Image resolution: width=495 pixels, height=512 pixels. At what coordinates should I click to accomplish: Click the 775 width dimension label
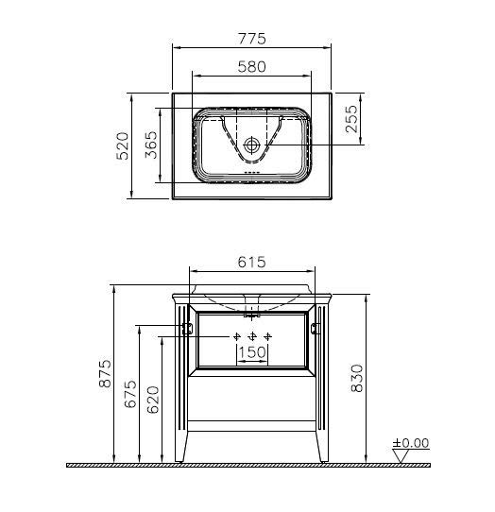[x=251, y=39]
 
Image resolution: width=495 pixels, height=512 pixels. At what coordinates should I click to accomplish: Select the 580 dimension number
[x=251, y=67]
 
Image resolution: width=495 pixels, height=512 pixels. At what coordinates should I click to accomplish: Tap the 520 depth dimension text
[x=123, y=145]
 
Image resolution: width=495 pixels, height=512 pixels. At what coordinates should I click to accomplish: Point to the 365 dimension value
[x=151, y=145]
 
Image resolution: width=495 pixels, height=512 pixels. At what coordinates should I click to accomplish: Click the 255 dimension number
[x=352, y=119]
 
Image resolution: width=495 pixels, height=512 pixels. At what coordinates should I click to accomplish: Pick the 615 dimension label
[x=251, y=262]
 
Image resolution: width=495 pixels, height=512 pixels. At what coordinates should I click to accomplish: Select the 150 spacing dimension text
[x=252, y=352]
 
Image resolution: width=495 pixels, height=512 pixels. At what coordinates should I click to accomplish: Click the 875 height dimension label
[x=105, y=373]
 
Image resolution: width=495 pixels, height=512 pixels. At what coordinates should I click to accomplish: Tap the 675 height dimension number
[x=130, y=394]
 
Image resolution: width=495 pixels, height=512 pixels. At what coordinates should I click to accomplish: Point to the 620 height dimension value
[x=153, y=400]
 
